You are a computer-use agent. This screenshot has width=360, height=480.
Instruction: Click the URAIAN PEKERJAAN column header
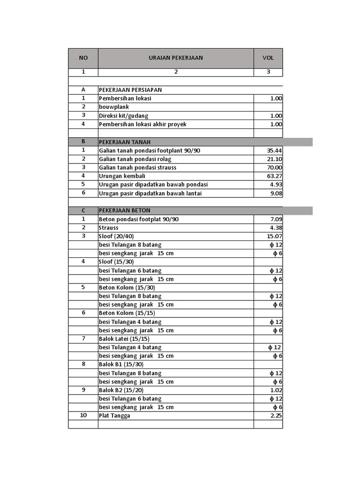pyautogui.click(x=176, y=58)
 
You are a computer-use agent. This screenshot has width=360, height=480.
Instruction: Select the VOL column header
pyautogui.click(x=268, y=58)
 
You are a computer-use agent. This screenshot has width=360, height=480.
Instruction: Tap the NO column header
pyautogui.click(x=83, y=58)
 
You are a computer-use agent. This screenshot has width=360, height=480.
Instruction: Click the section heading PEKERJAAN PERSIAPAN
pyautogui.click(x=130, y=90)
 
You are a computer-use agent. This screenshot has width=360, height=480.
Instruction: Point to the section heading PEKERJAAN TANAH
pyautogui.click(x=125, y=142)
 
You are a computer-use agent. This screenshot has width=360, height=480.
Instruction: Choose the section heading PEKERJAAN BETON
pyautogui.click(x=125, y=210)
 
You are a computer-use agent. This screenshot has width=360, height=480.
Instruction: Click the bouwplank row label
pyautogui.click(x=114, y=107)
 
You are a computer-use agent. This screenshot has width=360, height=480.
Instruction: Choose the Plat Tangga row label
pyautogui.click(x=114, y=416)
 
